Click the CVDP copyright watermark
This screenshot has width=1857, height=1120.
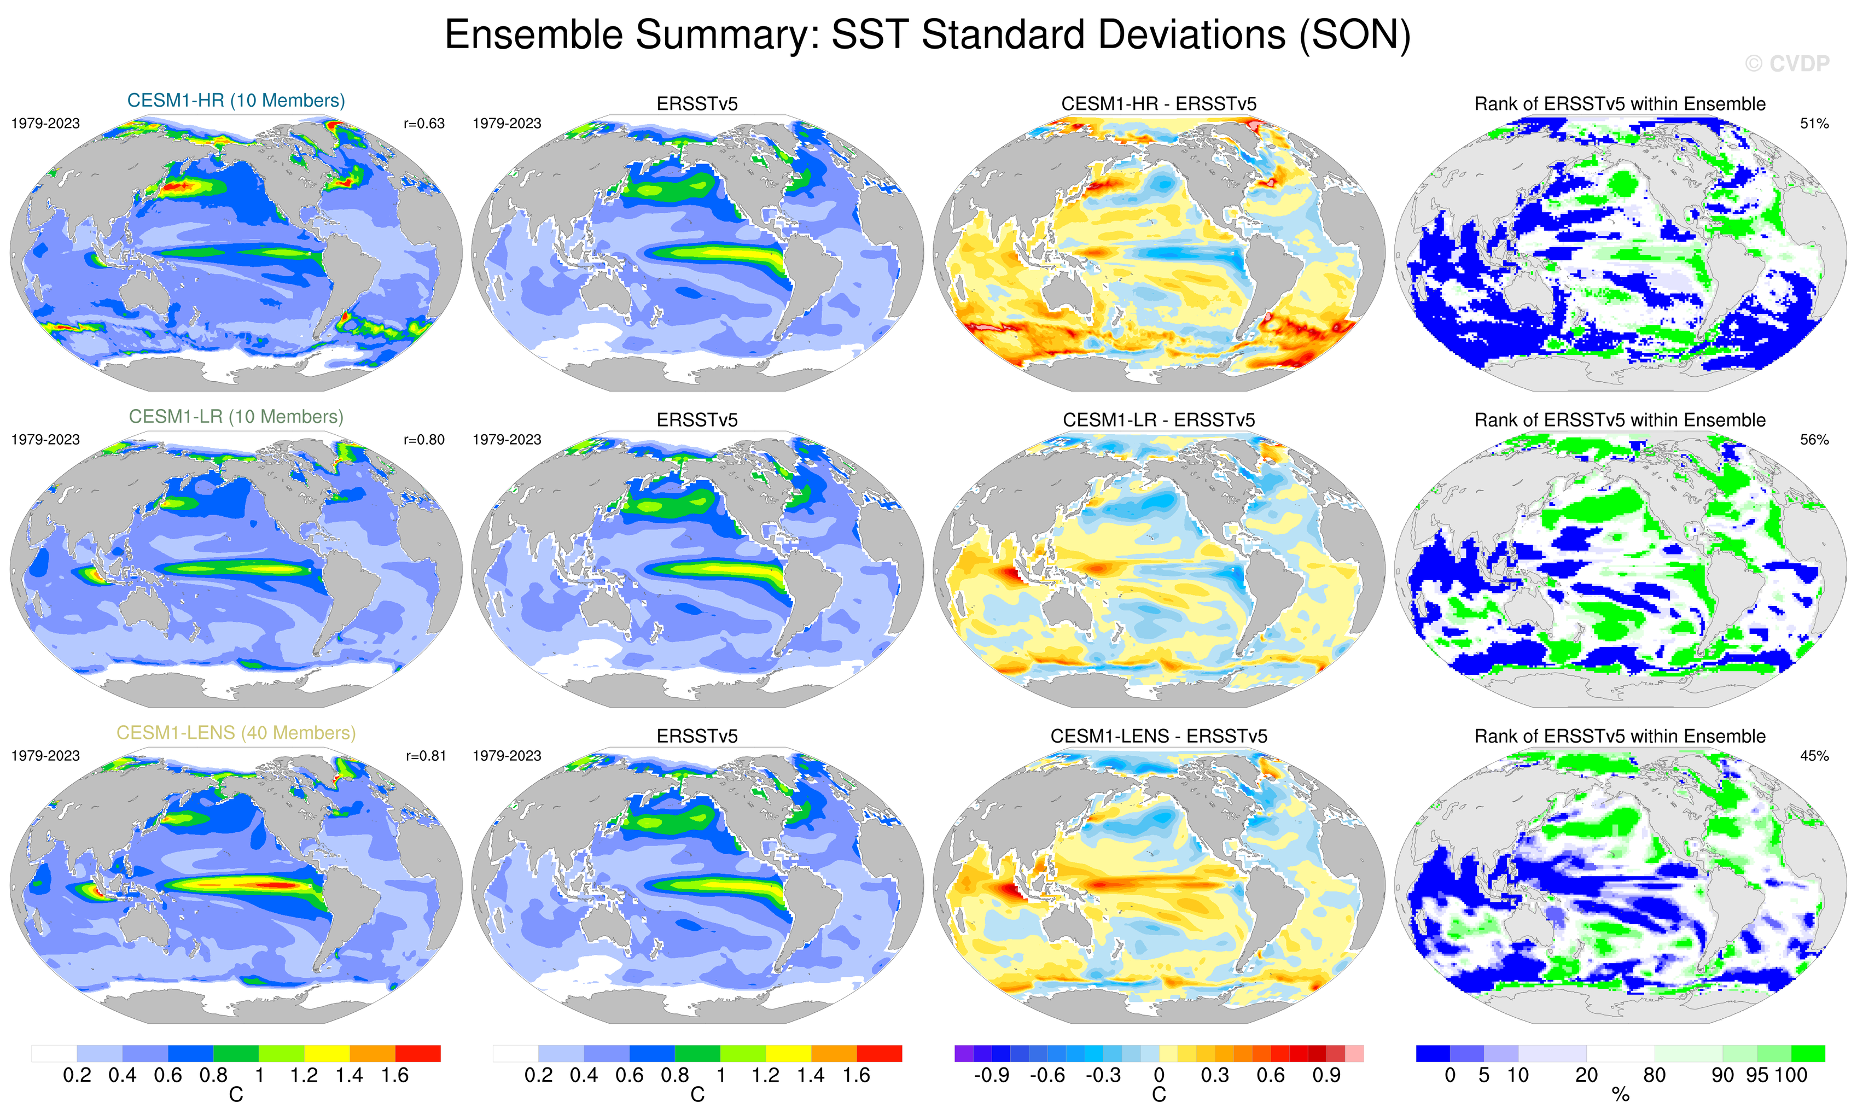pyautogui.click(x=1786, y=64)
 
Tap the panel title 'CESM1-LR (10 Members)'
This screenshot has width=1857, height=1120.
pyautogui.click(x=236, y=416)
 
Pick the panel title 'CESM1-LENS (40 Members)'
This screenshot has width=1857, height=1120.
pyautogui.click(x=236, y=733)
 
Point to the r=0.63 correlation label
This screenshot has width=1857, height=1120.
pyautogui.click(x=424, y=124)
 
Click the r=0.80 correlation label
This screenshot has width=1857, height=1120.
pyautogui.click(x=424, y=439)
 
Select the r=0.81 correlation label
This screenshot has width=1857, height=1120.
pyautogui.click(x=426, y=755)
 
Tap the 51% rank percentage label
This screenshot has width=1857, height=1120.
pyautogui.click(x=1814, y=124)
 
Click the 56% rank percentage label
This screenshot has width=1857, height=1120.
pyautogui.click(x=1814, y=439)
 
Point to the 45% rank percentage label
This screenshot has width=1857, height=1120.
pyautogui.click(x=1814, y=755)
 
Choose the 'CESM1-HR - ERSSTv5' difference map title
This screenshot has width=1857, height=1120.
pyautogui.click(x=1159, y=104)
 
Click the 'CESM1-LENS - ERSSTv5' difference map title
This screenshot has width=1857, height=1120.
pyautogui.click(x=1159, y=736)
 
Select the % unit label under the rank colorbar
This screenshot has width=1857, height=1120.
pyautogui.click(x=1620, y=1095)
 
